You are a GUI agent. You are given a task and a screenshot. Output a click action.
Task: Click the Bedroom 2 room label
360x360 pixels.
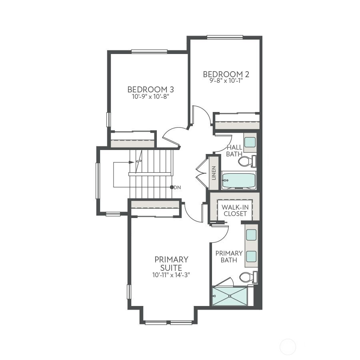226,74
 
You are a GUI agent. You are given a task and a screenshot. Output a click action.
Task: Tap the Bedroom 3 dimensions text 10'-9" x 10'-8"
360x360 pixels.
150,97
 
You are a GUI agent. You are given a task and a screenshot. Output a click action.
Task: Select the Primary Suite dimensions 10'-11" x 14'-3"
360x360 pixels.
171,275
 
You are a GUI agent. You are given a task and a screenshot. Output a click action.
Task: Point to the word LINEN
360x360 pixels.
214,173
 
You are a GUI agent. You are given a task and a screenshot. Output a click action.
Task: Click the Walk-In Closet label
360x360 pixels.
235,210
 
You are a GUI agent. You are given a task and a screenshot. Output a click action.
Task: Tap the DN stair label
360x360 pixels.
177,188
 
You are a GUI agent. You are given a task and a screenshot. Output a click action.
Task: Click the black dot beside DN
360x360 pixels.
172,187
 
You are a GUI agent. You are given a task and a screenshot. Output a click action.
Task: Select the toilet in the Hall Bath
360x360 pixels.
247,161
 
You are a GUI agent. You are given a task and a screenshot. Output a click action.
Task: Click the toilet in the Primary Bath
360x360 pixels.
248,277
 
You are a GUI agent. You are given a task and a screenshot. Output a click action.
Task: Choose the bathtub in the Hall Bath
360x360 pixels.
239,180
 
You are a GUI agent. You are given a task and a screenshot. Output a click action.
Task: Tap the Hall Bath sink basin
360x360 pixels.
250,142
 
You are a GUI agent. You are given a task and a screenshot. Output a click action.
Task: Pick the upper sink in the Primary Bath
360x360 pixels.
251,235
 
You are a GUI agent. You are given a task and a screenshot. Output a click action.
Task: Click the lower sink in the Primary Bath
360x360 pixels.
251,256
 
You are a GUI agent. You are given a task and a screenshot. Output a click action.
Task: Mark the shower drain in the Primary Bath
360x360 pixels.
230,296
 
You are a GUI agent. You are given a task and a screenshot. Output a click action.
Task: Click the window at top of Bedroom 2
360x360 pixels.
225,37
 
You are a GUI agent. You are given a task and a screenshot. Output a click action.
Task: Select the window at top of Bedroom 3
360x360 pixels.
150,52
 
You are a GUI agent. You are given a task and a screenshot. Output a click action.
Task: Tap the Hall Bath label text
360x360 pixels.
234,151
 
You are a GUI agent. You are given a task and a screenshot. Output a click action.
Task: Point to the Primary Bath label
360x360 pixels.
229,257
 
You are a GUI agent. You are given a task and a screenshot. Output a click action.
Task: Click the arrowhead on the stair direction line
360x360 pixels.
132,162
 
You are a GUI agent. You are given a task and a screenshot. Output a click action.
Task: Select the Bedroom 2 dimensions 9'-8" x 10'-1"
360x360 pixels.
226,81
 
